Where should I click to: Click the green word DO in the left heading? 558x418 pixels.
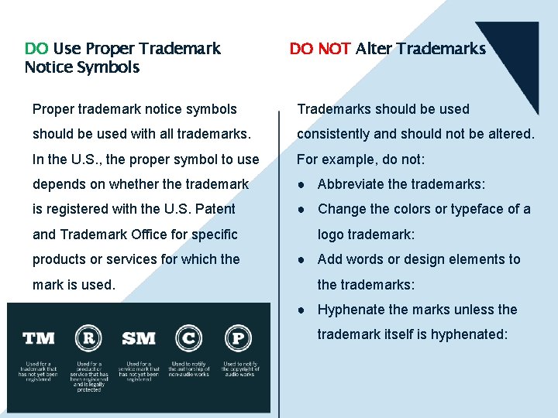(36, 49)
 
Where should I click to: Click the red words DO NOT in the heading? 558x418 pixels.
(320, 49)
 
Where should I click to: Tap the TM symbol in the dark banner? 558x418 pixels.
(39, 337)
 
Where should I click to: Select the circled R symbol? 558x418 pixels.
(88, 337)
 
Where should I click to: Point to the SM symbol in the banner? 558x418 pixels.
(139, 338)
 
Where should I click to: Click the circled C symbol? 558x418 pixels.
(189, 337)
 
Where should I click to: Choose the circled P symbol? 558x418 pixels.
(238, 337)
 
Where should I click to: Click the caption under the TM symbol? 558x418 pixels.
(39, 372)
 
